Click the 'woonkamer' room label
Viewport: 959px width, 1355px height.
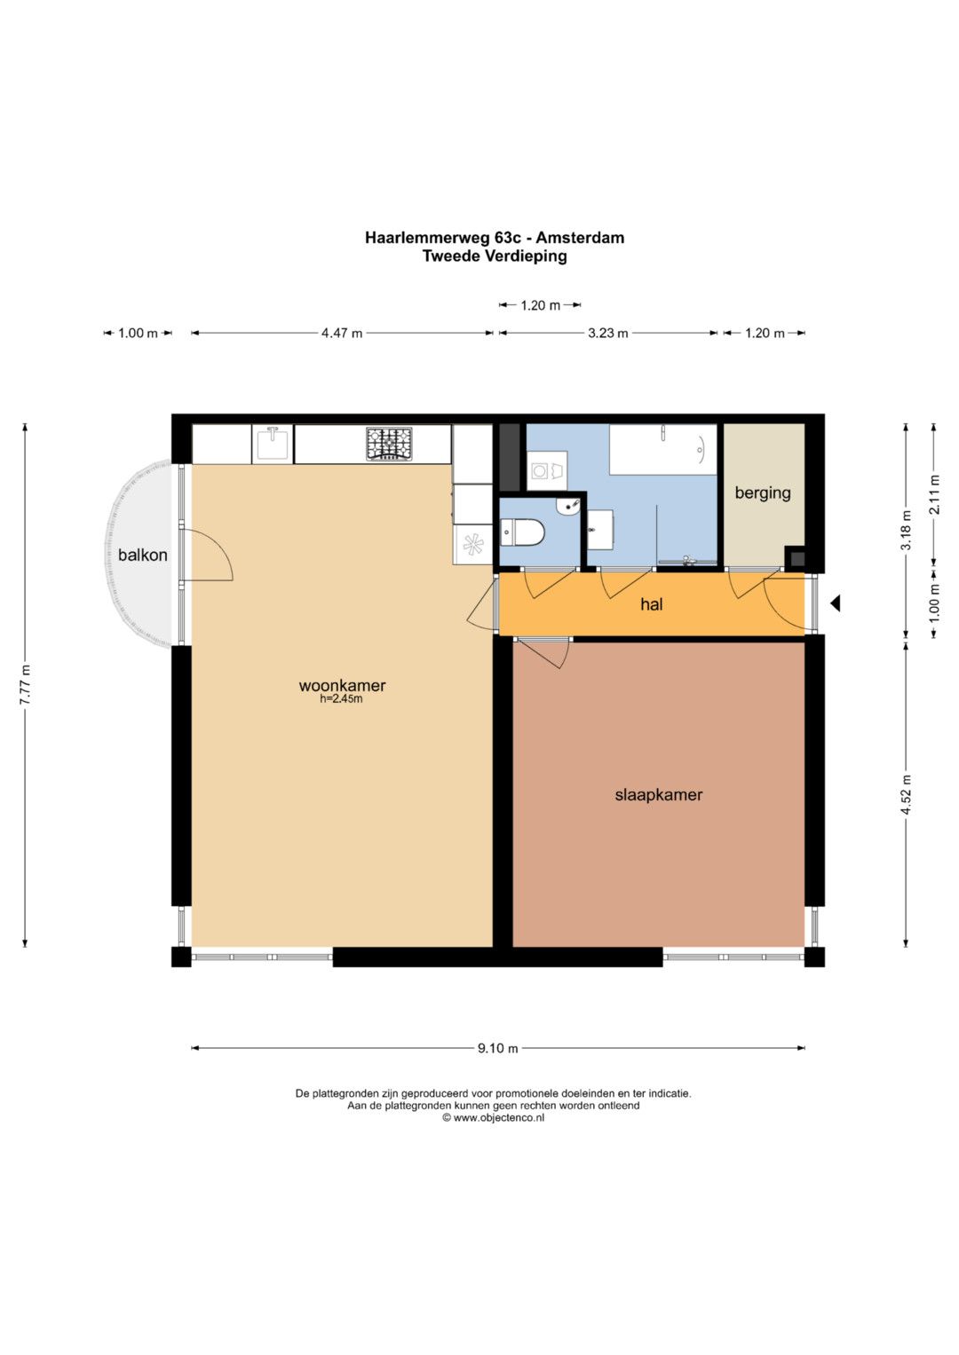(342, 685)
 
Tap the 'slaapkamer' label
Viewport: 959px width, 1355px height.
(659, 795)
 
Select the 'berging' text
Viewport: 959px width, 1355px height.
(763, 493)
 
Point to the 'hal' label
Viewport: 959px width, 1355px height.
(652, 603)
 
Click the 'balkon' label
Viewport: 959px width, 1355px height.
(143, 555)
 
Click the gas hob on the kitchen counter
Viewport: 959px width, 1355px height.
(389, 444)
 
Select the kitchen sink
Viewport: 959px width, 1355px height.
(273, 444)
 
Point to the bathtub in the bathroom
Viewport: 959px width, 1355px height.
(663, 450)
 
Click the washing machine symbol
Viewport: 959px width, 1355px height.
(547, 470)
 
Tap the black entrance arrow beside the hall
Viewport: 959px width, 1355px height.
(835, 603)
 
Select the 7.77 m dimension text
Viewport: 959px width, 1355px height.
(25, 684)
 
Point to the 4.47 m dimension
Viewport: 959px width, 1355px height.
(342, 333)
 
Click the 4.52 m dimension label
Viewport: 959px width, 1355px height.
(906, 794)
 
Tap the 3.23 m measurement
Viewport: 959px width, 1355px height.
(608, 333)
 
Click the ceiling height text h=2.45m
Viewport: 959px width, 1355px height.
(342, 699)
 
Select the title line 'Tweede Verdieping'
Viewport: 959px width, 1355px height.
(495, 256)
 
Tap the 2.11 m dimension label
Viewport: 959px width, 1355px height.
(935, 494)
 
